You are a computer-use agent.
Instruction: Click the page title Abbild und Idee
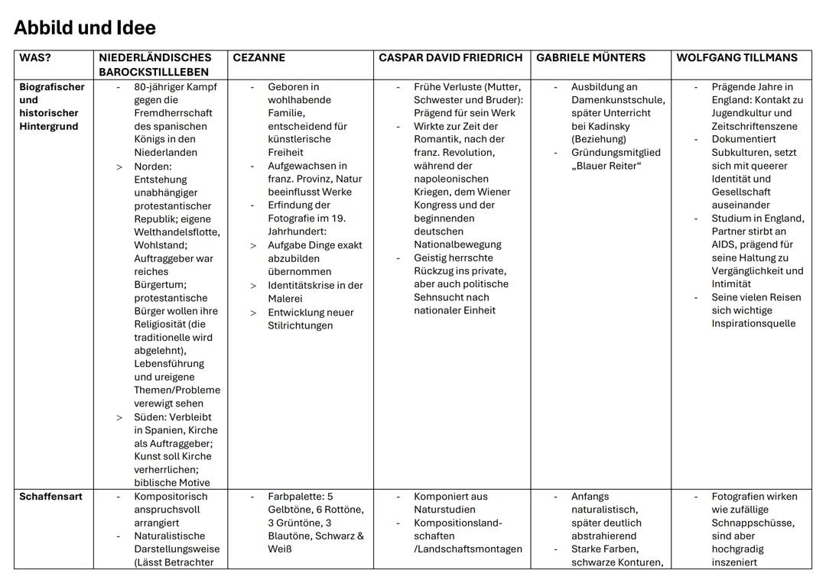84,28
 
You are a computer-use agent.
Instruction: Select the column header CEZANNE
259,58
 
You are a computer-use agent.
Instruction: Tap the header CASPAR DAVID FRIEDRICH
450,58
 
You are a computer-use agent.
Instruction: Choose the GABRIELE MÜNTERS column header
590,58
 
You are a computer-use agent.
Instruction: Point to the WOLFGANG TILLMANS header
737,58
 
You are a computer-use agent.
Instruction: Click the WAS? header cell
35,58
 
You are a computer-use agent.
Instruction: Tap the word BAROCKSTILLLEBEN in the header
154,72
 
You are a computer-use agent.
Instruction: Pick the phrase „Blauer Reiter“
606,166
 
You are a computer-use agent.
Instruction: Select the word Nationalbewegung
457,245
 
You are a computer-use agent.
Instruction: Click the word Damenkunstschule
618,100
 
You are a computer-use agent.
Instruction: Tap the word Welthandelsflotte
177,232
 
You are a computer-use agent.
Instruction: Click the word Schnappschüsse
753,523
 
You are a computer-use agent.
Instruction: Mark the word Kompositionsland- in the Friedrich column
458,523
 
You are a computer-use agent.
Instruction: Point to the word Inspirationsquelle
753,323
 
